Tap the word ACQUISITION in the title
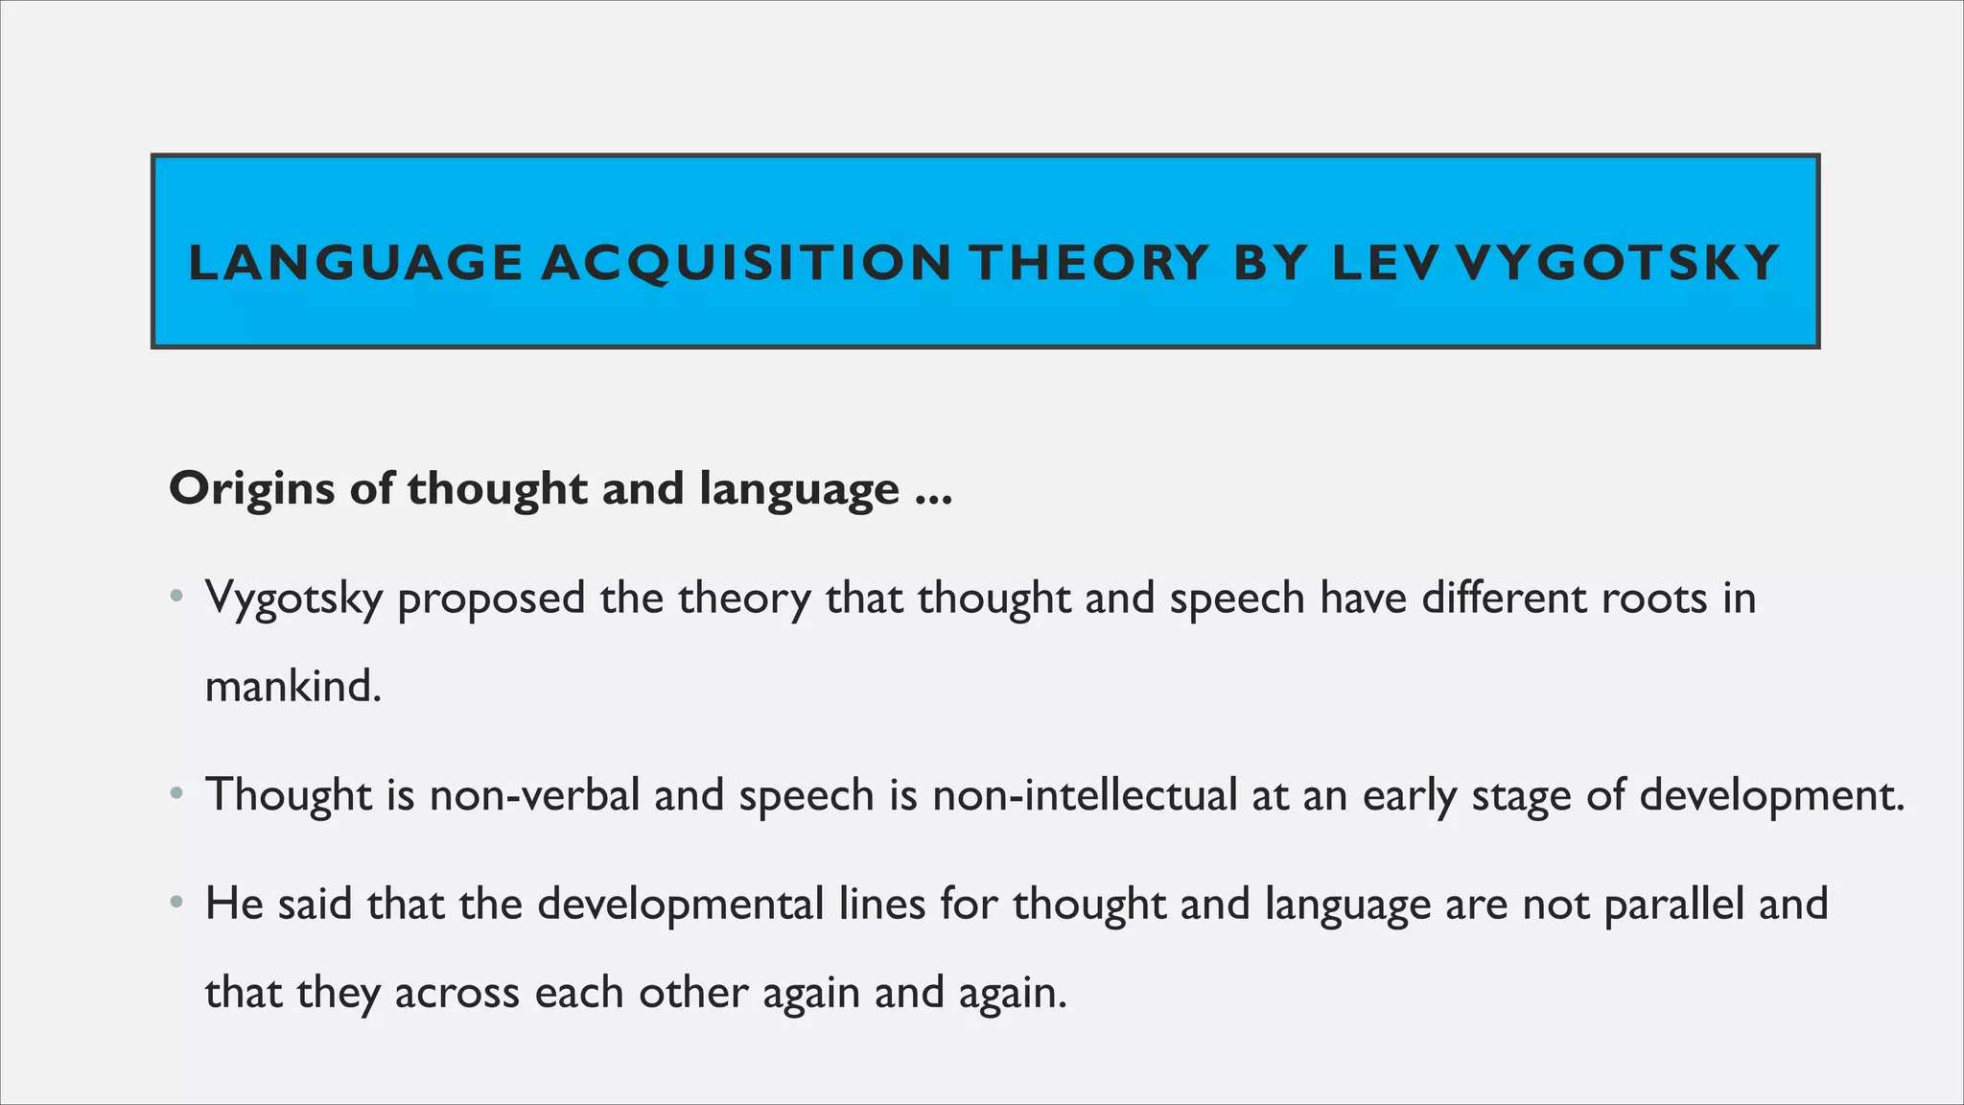point(746,263)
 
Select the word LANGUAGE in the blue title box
point(356,263)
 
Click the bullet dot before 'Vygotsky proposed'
point(175,598)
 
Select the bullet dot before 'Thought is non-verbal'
point(175,794)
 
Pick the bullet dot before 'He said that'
point(175,904)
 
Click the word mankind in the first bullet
point(293,686)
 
